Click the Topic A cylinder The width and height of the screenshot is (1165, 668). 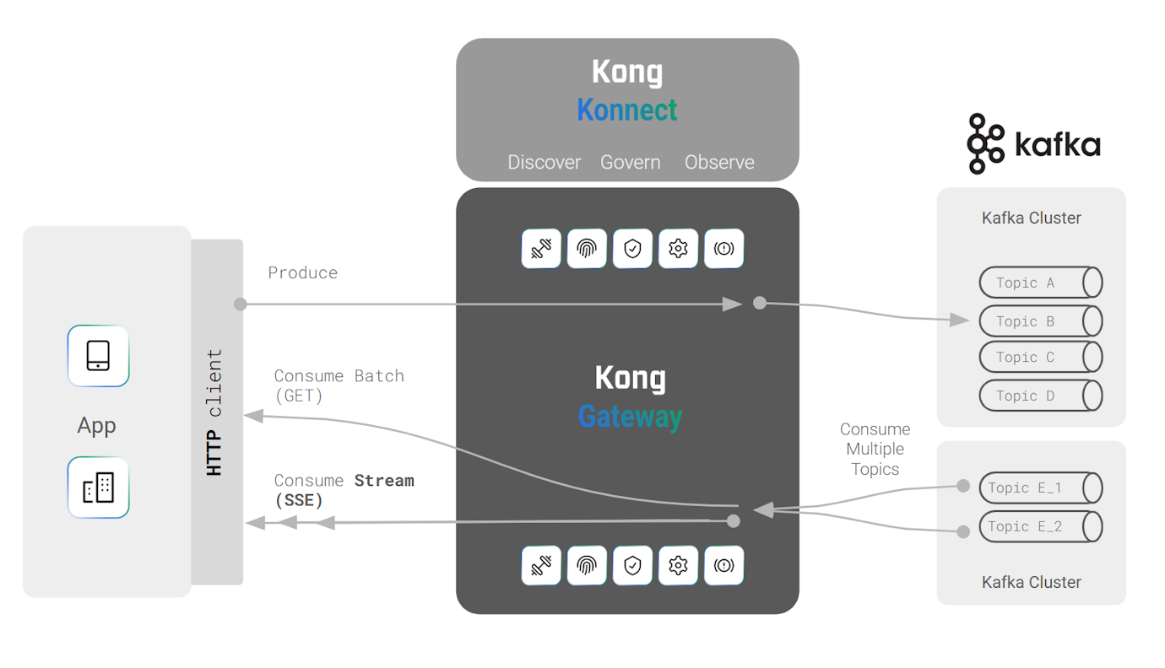coord(1040,283)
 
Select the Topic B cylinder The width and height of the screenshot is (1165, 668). coord(1040,321)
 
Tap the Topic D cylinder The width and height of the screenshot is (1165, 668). coord(1040,396)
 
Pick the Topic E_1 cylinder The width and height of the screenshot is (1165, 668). coord(1040,488)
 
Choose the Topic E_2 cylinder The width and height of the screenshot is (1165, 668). coord(1040,526)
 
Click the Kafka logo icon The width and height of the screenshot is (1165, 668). coord(985,144)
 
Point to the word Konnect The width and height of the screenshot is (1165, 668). coord(627,110)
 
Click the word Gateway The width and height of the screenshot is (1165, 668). coord(630,417)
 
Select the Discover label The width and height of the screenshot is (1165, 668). coord(544,162)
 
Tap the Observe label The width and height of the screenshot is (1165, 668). coord(719,162)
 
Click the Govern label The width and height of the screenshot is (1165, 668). coord(630,162)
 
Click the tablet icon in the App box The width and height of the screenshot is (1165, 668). coord(98,356)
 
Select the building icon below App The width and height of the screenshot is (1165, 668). coord(98,488)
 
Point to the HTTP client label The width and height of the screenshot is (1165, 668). coord(215,413)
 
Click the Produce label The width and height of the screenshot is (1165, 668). coord(302,272)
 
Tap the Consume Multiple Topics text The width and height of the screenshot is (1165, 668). coord(875,450)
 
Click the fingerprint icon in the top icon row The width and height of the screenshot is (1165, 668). coord(587,249)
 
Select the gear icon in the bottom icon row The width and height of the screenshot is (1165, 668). coord(678,565)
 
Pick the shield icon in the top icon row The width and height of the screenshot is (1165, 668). coord(632,249)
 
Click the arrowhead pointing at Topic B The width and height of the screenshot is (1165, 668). coord(959,320)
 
